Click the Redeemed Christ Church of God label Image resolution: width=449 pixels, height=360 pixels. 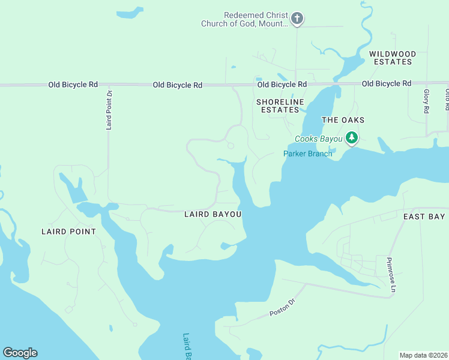255,19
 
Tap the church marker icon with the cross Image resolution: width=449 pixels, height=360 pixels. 297,19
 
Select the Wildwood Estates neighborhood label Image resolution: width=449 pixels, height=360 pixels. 392,58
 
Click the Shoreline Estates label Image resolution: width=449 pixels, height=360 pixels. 278,106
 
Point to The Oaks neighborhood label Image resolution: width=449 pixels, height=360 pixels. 343,120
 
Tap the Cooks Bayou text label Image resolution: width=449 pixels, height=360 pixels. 318,139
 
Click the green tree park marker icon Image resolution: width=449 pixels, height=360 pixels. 352,139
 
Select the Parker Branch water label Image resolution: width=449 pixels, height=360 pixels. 307,154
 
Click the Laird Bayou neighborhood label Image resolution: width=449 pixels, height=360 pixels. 212,214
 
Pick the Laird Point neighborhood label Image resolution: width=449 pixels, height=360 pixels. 68,232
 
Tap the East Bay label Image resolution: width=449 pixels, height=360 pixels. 424,217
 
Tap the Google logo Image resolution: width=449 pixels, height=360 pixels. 20,353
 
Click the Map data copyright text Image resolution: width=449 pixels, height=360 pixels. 423,355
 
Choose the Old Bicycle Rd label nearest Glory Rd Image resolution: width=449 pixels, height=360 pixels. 387,83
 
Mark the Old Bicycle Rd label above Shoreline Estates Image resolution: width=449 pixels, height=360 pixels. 282,85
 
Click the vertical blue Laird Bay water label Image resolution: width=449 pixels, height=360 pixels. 187,347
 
